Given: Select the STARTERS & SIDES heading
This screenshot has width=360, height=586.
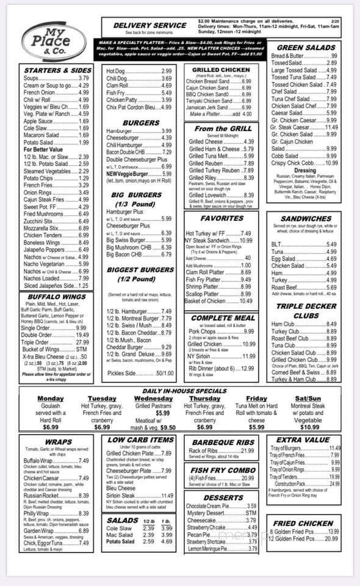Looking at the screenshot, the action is (57, 70).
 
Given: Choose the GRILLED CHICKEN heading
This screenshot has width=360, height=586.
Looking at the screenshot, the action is (220, 70).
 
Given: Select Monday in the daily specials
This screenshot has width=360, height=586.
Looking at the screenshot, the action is (51, 398).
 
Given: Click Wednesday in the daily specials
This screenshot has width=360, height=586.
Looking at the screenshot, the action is (153, 398).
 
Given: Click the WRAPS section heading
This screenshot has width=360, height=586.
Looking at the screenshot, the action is (58, 441).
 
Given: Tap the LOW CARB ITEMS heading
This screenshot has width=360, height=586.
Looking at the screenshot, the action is (140, 440).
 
